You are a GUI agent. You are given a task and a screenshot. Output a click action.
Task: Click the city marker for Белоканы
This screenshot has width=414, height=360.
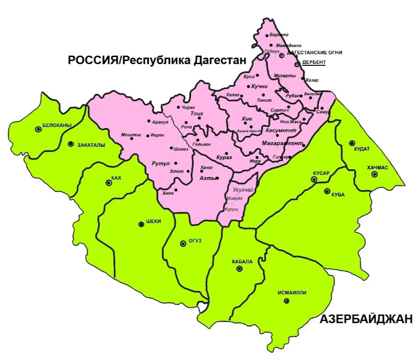(x=39, y=129)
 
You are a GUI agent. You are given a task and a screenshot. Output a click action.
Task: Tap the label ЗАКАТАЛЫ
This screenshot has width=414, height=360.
(x=91, y=145)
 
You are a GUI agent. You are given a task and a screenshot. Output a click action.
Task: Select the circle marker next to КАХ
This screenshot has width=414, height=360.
(x=109, y=183)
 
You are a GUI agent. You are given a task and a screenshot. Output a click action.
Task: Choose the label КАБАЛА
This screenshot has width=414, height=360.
(x=242, y=262)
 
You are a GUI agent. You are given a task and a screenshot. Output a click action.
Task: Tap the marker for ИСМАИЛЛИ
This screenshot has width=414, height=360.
(x=286, y=301)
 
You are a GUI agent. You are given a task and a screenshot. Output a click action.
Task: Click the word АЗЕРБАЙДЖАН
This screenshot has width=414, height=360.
(x=366, y=319)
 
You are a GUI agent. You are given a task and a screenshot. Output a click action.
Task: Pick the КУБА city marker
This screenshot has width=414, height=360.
(x=327, y=191)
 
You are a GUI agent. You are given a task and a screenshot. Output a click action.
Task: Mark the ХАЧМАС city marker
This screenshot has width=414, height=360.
(x=374, y=174)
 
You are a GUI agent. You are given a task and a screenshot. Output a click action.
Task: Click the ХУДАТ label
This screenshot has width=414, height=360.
(x=362, y=149)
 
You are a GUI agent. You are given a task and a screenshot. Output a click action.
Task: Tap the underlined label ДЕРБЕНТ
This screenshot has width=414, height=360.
(x=314, y=62)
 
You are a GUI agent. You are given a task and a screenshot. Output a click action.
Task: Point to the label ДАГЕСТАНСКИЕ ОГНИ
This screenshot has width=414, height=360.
(x=315, y=53)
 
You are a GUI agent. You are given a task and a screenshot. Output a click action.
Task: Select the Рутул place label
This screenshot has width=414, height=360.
(x=160, y=164)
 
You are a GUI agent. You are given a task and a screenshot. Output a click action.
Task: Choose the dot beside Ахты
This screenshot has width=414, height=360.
(x=217, y=178)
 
